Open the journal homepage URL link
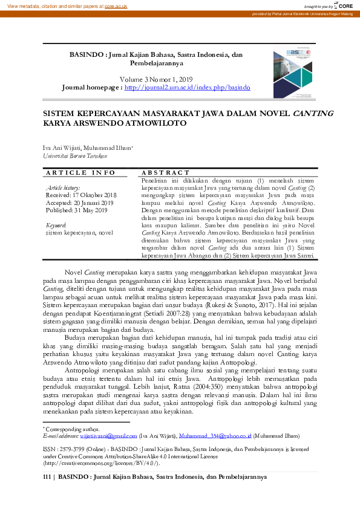click(187, 88)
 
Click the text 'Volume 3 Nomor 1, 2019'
click(157, 79)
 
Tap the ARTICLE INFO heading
click(80, 173)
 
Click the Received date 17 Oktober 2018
click(82, 195)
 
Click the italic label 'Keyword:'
click(56, 225)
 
